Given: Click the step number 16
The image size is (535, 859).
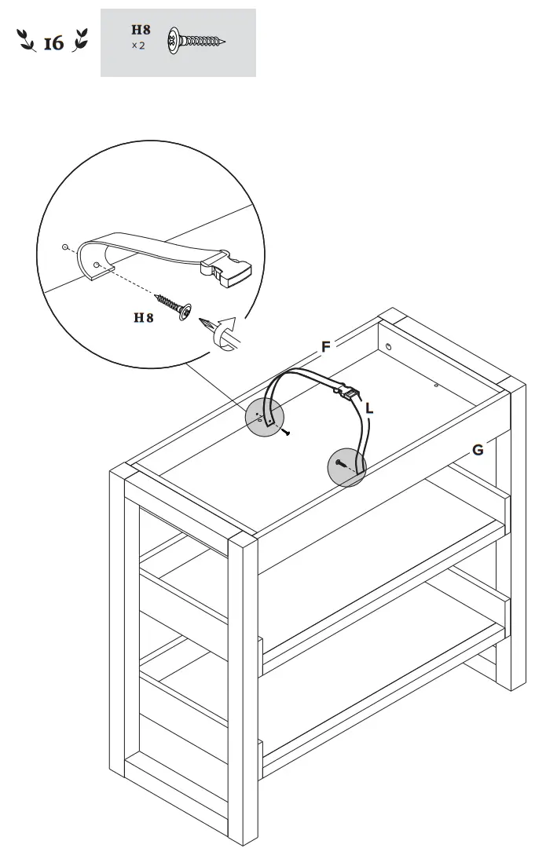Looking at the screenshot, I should [53, 43].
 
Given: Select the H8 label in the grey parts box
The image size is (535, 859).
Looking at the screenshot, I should [141, 31].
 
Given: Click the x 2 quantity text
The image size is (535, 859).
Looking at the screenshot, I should [138, 46].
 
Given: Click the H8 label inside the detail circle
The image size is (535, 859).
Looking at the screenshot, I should [143, 318].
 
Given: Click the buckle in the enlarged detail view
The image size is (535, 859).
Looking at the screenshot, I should [227, 271].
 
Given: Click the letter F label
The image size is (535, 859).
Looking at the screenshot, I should [326, 346].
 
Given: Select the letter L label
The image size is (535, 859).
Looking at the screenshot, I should [369, 408].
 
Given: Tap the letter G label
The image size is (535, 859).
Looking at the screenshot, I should [478, 450].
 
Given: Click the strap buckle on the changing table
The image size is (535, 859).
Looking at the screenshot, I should [346, 390].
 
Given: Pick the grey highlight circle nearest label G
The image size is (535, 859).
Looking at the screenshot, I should [346, 467].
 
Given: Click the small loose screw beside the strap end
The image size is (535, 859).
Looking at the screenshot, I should [288, 432].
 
